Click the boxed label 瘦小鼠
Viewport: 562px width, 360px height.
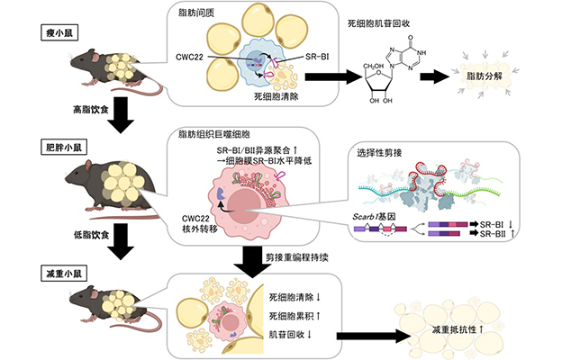pos(59,33)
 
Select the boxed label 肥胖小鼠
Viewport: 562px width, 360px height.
pos(64,148)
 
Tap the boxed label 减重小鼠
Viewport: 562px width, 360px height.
pos(64,274)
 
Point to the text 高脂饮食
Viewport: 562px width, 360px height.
pos(91,110)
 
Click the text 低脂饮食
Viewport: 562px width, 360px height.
pos(91,235)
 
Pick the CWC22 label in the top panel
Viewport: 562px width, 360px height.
pos(190,57)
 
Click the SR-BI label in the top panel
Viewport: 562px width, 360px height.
pos(317,57)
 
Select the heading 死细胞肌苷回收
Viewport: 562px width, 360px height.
pos(379,23)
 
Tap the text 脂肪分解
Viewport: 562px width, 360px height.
pos(485,76)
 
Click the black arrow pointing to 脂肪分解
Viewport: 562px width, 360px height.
pos(434,76)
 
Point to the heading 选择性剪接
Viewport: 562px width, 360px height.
pos(379,153)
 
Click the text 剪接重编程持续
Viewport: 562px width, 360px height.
pos(297,257)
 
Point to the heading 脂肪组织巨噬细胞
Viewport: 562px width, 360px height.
pos(214,134)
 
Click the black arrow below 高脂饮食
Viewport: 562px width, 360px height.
pos(121,115)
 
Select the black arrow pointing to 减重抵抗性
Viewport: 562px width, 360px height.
pos(373,336)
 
